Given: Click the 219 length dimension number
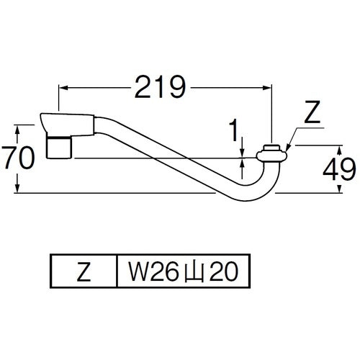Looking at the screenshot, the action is pos(161,87).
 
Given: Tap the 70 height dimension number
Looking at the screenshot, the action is pos(18,158).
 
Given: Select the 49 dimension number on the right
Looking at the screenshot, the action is pos(339,169).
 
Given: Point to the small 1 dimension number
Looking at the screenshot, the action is pos(233,131).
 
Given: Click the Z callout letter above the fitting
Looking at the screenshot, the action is pos(312,112).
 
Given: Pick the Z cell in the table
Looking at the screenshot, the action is pos(84,271).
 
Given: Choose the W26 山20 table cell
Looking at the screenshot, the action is pos(184,271).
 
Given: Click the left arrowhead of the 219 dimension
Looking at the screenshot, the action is pos(63,88).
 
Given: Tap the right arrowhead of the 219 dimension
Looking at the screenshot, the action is pos(267,88).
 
